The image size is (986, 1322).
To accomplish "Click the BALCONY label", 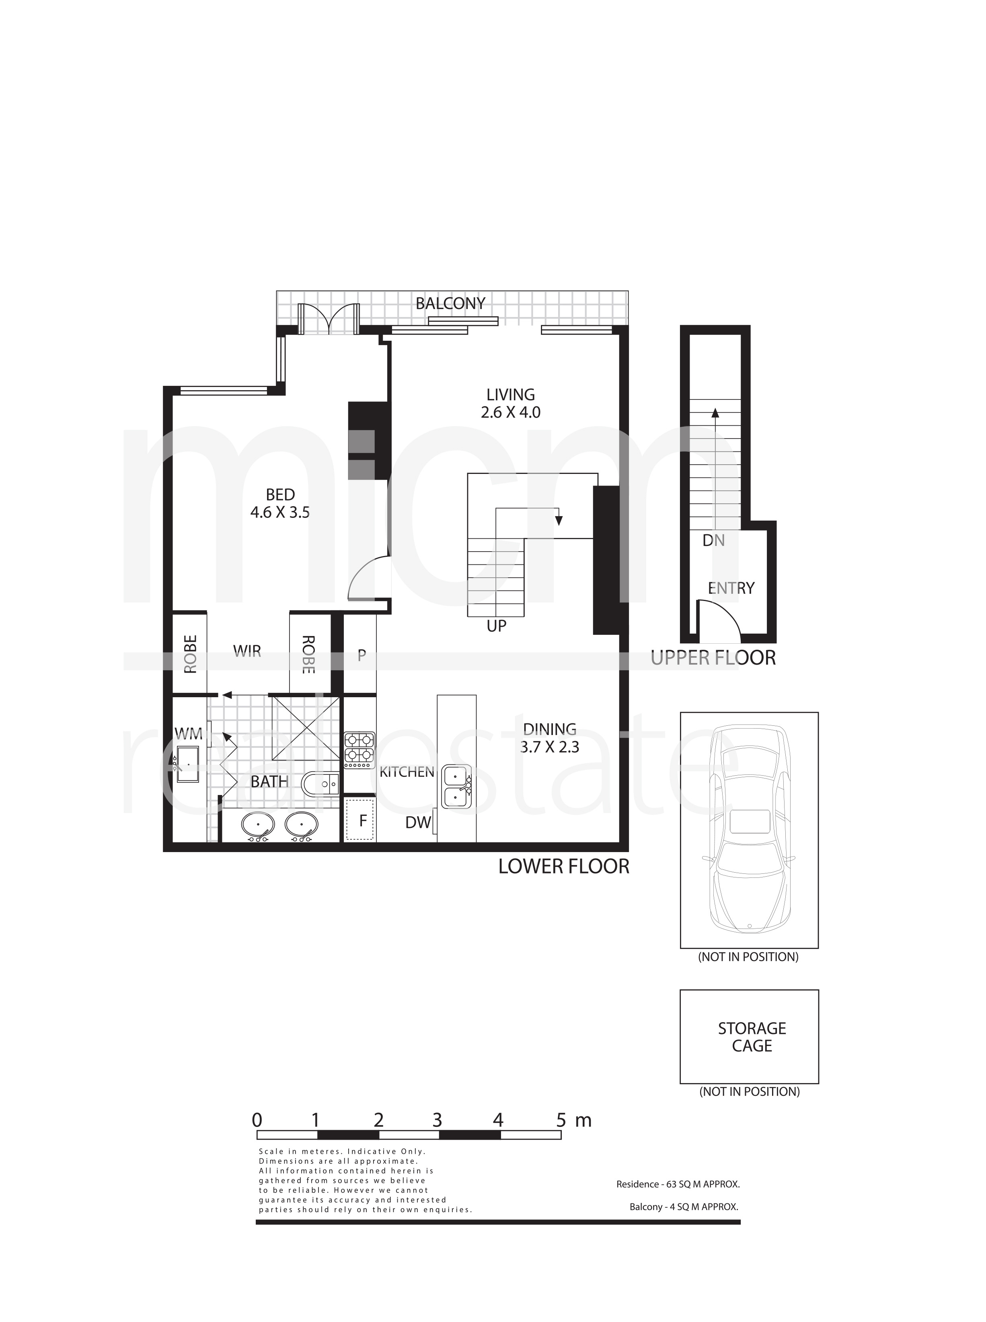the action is pyautogui.click(x=451, y=303).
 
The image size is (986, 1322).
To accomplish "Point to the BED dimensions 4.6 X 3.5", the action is pyautogui.click(x=280, y=512).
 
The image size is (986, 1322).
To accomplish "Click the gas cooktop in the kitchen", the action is pyautogui.click(x=359, y=750).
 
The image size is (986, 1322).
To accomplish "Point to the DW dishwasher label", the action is pyautogui.click(x=418, y=823).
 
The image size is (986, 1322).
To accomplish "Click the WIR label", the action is pyautogui.click(x=247, y=651).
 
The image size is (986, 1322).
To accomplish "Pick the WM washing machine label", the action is pyautogui.click(x=188, y=734).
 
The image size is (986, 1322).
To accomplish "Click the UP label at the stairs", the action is pyautogui.click(x=497, y=626).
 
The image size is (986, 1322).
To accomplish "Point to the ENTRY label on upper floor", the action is pyautogui.click(x=731, y=588).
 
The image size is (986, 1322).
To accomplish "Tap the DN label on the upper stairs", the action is pyautogui.click(x=714, y=540).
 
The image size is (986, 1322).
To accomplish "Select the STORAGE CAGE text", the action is pyautogui.click(x=752, y=1037).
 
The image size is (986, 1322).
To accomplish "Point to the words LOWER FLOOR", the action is pyautogui.click(x=564, y=867).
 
